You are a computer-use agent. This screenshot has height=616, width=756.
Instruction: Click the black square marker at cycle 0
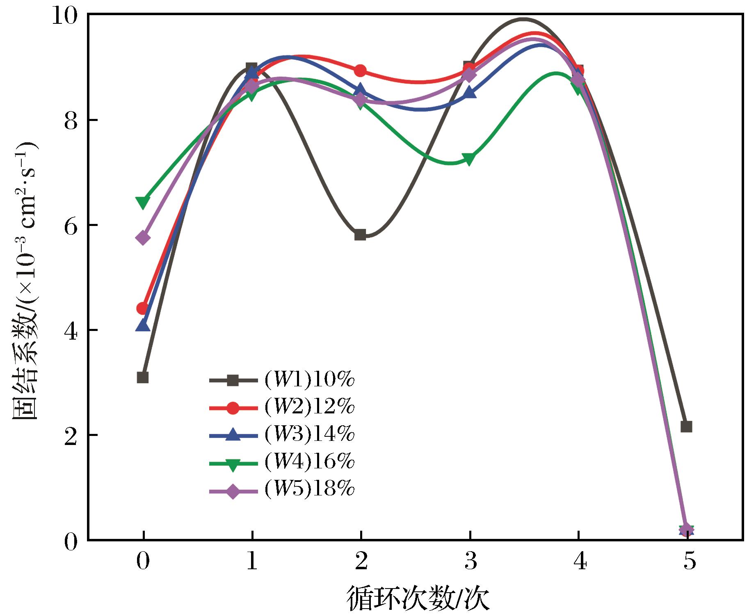point(143,377)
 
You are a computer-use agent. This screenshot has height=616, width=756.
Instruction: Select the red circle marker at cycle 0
point(143,308)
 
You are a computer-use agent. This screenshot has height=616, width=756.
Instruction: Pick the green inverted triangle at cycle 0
point(143,202)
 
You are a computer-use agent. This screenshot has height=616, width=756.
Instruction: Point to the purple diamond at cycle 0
point(143,238)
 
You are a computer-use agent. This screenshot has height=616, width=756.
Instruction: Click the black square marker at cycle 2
point(360,235)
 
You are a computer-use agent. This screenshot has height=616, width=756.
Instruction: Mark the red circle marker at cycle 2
point(360,71)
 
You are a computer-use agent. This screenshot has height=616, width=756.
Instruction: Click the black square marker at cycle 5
point(686,427)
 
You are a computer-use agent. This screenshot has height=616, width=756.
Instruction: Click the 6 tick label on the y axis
point(71,226)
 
